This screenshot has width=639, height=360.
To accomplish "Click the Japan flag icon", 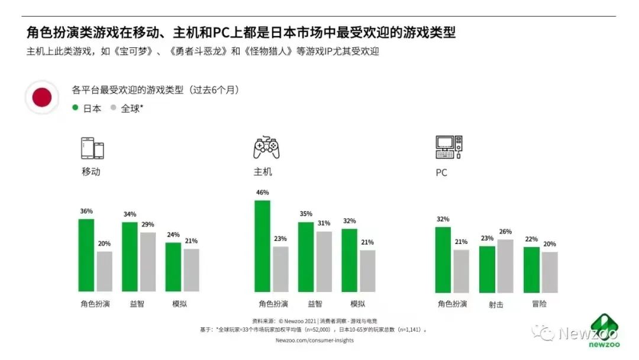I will pyautogui.click(x=42, y=97).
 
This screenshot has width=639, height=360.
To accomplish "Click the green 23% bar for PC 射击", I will pyautogui.click(x=487, y=269).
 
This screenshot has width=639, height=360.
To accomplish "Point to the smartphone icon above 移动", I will pyautogui.click(x=92, y=148).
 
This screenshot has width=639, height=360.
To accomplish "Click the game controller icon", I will pyautogui.click(x=266, y=148).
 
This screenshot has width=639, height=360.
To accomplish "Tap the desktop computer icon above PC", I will pyautogui.click(x=448, y=147).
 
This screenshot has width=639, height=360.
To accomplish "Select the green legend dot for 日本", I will pyautogui.click(x=75, y=108).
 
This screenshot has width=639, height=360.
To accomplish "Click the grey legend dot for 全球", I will pyautogui.click(x=113, y=108).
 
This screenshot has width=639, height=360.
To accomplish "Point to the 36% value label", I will pyautogui.click(x=86, y=211).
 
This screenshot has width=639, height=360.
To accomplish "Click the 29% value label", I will pyautogui.click(x=148, y=224).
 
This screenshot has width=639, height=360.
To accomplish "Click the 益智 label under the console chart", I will pyautogui.click(x=314, y=304).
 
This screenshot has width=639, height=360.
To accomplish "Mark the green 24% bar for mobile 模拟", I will pyautogui.click(x=173, y=267).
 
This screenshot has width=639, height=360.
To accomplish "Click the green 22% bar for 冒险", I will pyautogui.click(x=531, y=269).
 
